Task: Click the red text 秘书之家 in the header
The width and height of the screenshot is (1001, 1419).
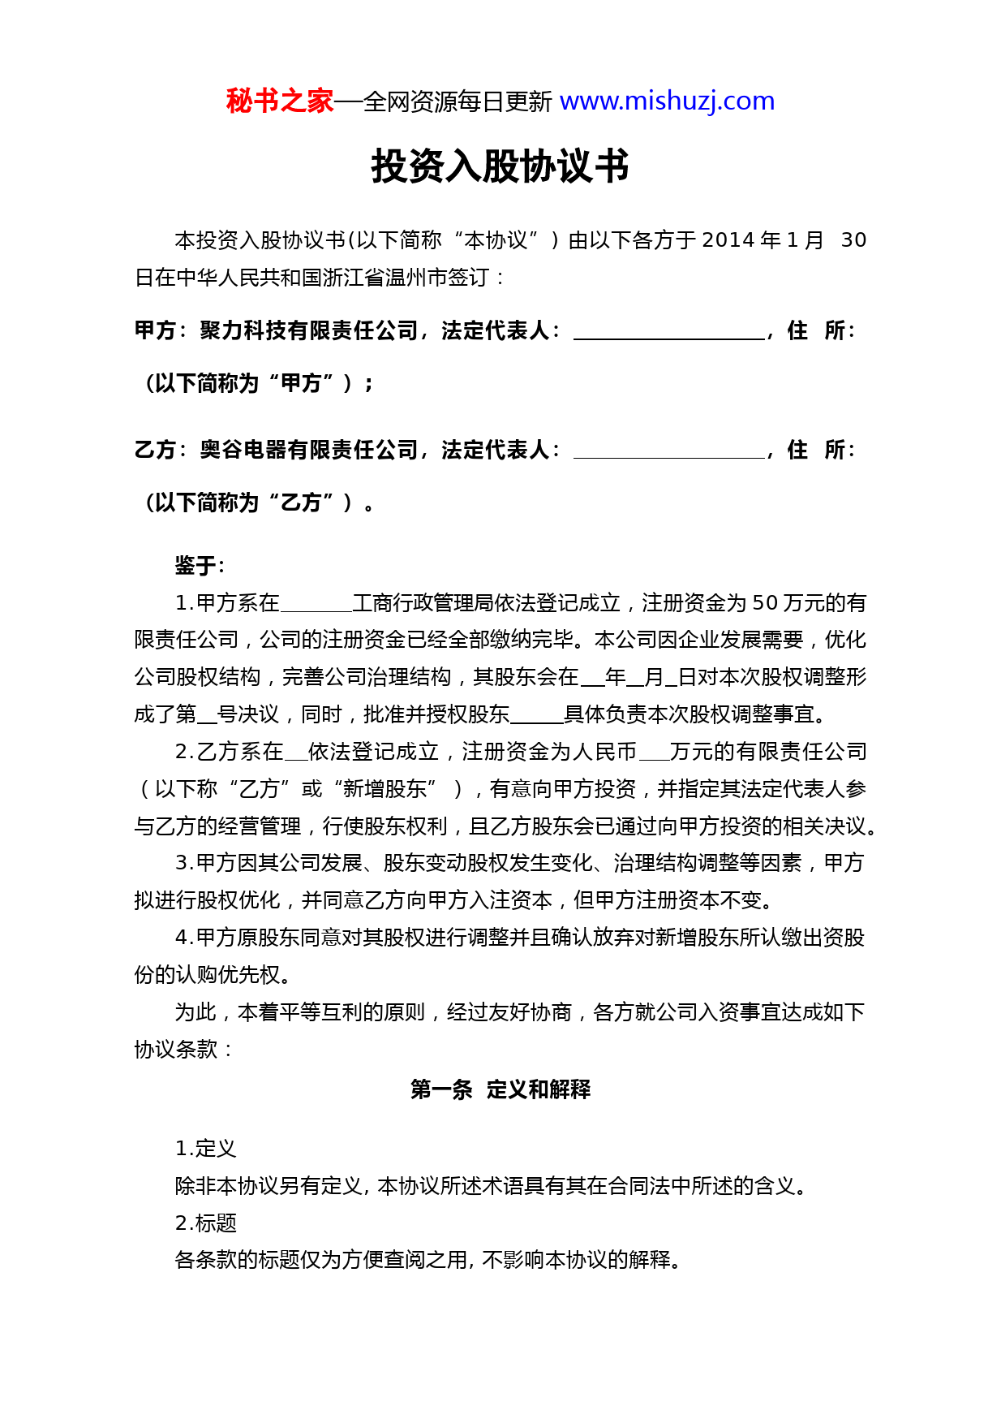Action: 279,101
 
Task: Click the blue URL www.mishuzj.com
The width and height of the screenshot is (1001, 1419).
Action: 667,101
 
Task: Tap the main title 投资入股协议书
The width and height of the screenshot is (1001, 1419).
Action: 500,166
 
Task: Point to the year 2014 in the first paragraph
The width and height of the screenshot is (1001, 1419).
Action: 728,240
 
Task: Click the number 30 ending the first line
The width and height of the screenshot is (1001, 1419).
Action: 853,240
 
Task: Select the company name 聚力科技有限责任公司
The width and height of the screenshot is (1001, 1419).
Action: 309,331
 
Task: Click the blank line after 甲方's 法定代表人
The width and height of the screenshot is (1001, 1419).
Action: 668,333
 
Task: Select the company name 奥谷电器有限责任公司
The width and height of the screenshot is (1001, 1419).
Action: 309,451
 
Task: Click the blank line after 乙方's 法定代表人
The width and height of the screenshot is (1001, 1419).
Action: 668,452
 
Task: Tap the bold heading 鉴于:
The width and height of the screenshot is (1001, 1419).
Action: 200,566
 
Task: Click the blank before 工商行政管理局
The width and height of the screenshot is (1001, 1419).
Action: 316,606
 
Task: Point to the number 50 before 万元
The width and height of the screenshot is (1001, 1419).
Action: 765,603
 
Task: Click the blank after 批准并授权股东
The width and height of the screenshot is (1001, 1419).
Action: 536,718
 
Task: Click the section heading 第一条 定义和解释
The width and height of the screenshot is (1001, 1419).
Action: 500,1089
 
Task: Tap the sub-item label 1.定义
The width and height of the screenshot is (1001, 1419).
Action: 205,1149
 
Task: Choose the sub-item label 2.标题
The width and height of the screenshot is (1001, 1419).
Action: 205,1223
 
